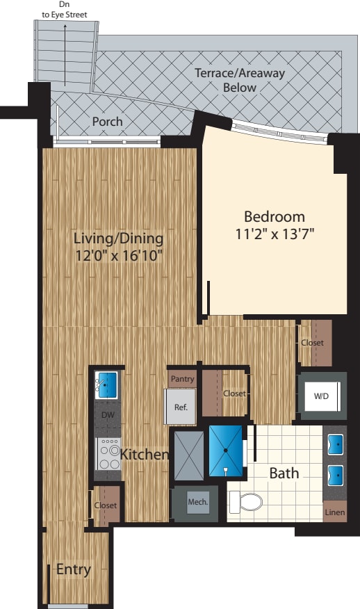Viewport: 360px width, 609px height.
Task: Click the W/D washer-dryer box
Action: (322, 397)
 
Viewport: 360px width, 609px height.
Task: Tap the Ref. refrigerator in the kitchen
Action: (179, 407)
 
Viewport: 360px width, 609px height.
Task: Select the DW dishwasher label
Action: (108, 416)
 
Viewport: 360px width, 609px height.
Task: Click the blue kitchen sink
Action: (108, 382)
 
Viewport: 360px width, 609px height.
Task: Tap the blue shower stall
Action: (227, 451)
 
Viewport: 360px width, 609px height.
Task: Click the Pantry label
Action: (181, 379)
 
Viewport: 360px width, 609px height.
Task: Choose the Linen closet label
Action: (334, 512)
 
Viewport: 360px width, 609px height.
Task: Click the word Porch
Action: (108, 122)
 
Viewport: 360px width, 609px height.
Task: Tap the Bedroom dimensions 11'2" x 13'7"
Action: (275, 234)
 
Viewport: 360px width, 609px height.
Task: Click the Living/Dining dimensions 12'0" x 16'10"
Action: (118, 255)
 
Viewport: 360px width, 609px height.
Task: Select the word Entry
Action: (74, 570)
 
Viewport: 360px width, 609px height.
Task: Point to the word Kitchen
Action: (145, 455)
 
